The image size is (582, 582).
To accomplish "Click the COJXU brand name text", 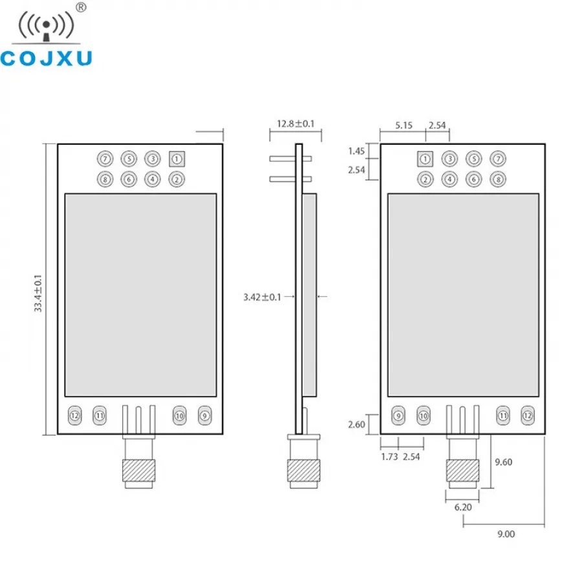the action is (46, 59).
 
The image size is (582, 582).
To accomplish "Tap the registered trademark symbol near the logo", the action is (81, 7).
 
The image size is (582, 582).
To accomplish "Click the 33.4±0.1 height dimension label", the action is (38, 293).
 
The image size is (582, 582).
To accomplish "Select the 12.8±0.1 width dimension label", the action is (296, 124).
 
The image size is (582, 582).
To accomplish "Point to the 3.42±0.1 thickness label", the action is (262, 297).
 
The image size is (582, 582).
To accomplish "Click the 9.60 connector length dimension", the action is (503, 462).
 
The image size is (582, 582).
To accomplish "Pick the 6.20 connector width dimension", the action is (463, 507).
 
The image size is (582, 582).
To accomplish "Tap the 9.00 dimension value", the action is (506, 534).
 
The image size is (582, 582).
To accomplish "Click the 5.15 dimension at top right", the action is (404, 125).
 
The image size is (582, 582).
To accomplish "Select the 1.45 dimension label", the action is (356, 151).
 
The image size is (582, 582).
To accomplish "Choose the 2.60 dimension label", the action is (356, 424).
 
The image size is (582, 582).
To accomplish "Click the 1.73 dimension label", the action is (389, 457).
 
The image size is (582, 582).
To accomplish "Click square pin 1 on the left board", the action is (177, 159).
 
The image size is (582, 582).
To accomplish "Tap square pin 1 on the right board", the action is (425, 159).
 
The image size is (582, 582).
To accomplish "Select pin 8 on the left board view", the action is (105, 180).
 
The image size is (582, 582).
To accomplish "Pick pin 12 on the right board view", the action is (528, 416).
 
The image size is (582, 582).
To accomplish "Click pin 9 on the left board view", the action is (204, 416).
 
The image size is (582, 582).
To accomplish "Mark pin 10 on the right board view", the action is (424, 416).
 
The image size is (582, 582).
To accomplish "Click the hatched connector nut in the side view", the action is (304, 471).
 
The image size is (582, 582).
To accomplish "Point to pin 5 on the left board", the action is (129, 159).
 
